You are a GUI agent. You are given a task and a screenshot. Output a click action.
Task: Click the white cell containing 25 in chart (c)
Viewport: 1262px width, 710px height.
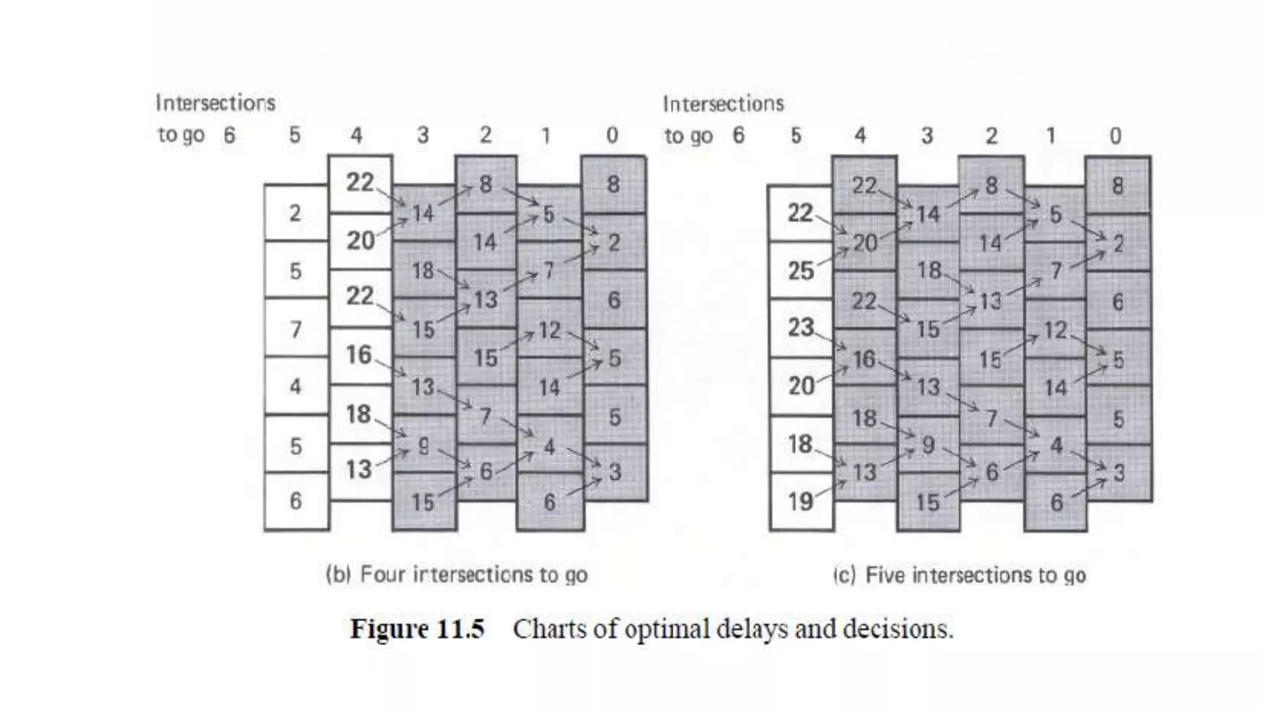tap(800, 270)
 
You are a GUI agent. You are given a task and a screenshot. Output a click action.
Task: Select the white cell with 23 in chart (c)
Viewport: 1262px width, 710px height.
tap(800, 327)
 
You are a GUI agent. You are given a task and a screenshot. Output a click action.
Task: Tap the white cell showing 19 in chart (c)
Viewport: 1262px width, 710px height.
tap(800, 502)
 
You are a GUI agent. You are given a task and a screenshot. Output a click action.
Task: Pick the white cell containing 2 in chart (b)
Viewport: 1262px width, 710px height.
tap(296, 213)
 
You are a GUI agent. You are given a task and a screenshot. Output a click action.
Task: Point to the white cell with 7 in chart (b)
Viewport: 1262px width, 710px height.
tap(296, 328)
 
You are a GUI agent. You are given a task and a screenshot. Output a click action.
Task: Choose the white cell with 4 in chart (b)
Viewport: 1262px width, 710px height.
tap(296, 386)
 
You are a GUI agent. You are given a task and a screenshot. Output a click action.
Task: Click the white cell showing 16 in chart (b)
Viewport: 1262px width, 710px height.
tap(359, 355)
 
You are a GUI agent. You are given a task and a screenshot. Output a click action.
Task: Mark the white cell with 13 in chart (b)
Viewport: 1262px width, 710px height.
tap(359, 470)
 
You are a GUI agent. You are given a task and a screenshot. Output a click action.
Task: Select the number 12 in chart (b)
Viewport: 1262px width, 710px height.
tap(550, 330)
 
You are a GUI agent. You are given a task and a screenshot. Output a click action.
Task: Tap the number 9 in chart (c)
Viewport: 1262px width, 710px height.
tap(928, 444)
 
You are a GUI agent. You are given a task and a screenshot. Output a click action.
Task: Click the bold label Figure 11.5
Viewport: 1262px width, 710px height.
tap(417, 629)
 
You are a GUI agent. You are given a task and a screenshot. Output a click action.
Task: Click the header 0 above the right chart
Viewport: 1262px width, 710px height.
tap(1115, 136)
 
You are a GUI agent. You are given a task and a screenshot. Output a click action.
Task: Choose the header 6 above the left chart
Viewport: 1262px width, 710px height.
tap(229, 135)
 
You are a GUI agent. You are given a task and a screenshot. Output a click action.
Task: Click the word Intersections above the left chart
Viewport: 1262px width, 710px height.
tap(215, 102)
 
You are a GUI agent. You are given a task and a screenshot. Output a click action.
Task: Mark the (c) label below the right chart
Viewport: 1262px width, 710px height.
tap(845, 574)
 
